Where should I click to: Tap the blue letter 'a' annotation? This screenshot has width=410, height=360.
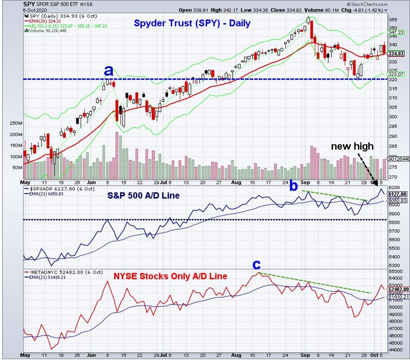[109, 71]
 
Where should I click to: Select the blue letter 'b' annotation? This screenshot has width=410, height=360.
[294, 186]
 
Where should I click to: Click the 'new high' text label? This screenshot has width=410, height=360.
[353, 147]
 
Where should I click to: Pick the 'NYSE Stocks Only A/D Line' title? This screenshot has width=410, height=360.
[171, 277]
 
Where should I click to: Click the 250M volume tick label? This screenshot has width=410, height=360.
[14, 124]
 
